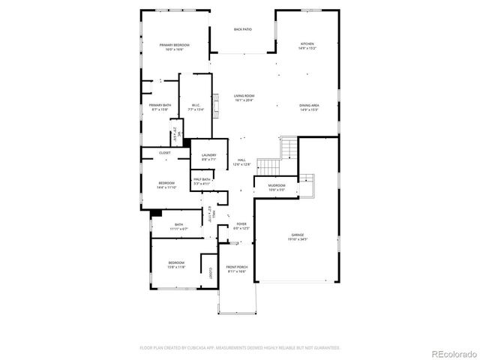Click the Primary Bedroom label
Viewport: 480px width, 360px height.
(174, 47)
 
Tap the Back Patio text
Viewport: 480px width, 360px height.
(242, 30)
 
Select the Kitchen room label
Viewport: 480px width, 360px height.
(307, 46)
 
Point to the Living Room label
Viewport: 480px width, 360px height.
(244, 97)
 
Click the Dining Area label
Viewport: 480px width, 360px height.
(309, 107)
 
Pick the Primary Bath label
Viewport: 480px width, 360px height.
(160, 107)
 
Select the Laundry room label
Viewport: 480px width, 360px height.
(208, 157)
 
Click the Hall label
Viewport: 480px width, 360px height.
(241, 162)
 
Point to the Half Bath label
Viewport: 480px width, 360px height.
(202, 181)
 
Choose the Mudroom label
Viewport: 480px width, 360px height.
(277, 189)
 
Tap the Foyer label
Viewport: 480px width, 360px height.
(241, 226)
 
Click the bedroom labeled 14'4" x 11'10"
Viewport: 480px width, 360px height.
(166, 185)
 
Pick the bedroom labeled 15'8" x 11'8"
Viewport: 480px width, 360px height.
(178, 265)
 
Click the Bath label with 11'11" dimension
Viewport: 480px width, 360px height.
(178, 226)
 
